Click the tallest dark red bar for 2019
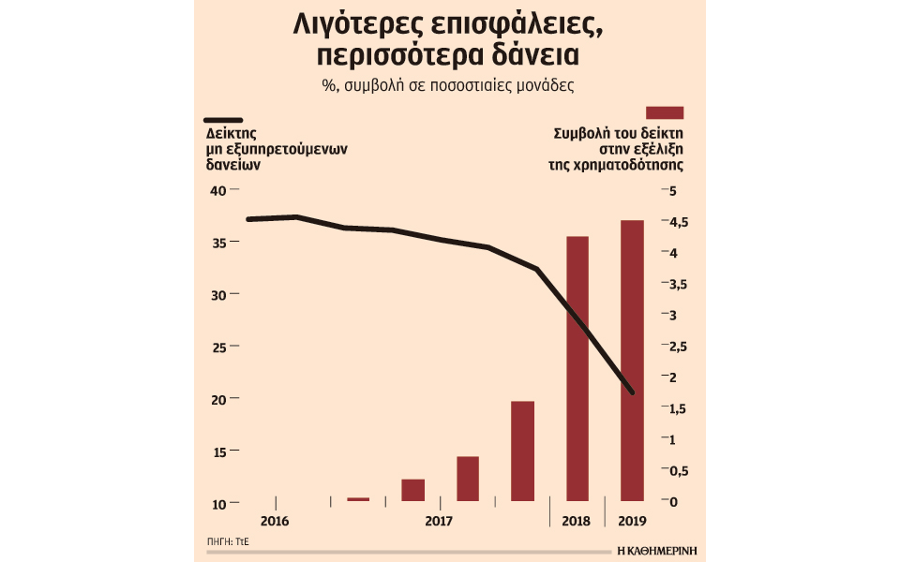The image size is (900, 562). click(x=632, y=361)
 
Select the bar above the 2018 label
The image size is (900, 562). click(x=577, y=369)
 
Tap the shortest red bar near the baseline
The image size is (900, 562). click(x=358, y=499)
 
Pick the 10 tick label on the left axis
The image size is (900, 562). click(x=217, y=504)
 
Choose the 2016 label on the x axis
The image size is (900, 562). click(x=274, y=521)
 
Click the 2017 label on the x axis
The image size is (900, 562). click(x=439, y=521)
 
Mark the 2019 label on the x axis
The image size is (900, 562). click(x=632, y=521)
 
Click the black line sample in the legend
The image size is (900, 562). click(x=223, y=120)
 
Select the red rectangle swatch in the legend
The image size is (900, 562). click(x=665, y=112)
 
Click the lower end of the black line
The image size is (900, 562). click(x=633, y=392)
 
